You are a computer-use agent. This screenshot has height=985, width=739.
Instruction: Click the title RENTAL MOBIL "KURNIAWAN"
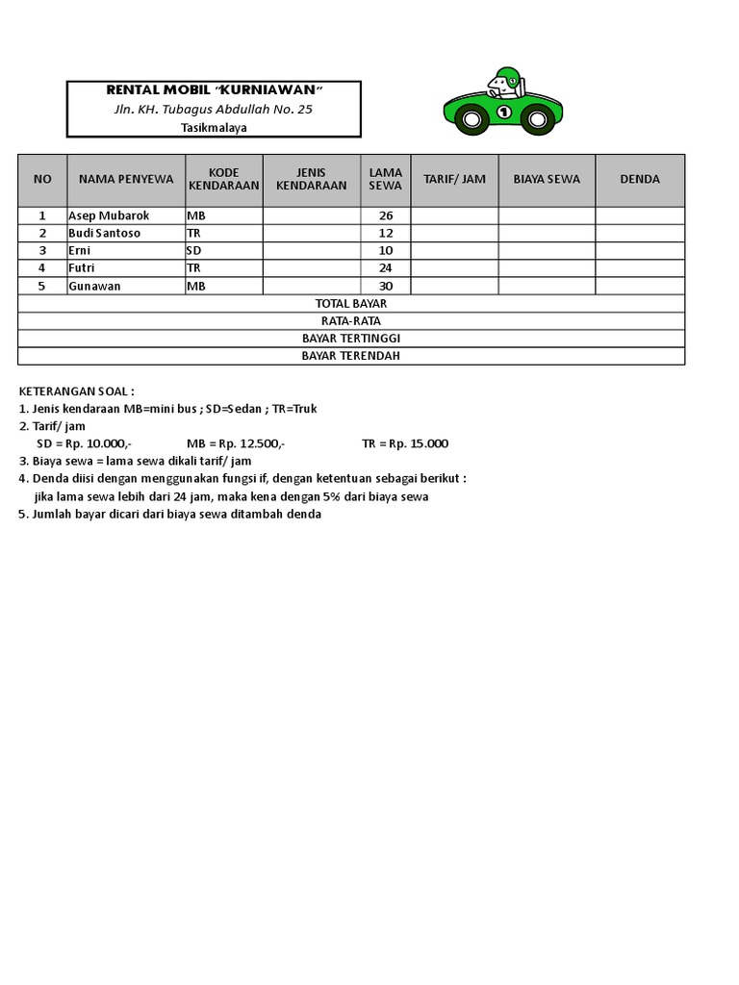point(214,90)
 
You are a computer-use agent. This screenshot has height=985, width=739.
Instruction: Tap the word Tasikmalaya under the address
point(213,127)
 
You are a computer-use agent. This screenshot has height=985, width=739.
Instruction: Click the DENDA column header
point(640,179)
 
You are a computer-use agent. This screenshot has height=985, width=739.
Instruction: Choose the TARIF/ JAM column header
point(454,179)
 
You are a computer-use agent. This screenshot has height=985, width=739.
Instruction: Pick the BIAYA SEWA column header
point(547,179)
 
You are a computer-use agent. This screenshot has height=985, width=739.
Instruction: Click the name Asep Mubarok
point(109,215)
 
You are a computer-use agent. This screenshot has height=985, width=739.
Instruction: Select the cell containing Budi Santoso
point(104,233)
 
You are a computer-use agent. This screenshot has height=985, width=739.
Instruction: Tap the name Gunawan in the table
point(93,286)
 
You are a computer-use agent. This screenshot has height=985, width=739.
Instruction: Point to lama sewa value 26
point(386,215)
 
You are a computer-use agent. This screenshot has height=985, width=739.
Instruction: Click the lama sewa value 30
point(386,286)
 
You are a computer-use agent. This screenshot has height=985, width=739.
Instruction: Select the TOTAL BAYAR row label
point(351,303)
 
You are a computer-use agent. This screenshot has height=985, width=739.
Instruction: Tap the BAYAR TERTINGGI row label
point(351,339)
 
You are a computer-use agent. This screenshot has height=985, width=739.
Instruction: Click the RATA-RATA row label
point(351,320)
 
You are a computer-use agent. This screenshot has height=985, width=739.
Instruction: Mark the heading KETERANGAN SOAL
point(77,391)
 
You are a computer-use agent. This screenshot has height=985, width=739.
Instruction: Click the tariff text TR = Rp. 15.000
point(405,443)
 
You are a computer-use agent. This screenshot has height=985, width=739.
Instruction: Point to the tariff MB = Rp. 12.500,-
point(236,443)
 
